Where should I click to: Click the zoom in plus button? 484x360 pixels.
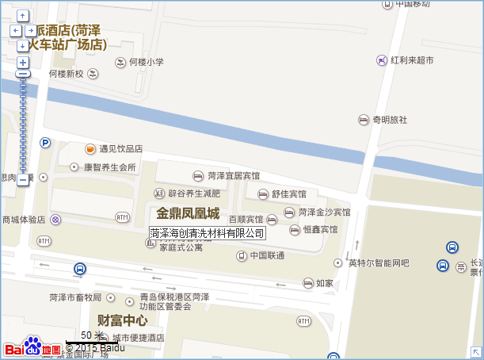click(23, 62)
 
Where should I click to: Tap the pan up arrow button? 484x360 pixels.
click(23, 16)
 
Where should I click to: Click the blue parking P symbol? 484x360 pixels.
click(45, 143)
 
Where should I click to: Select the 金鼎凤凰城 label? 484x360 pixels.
click(188, 213)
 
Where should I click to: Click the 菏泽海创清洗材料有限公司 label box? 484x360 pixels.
click(207, 233)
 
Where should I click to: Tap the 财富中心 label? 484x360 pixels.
click(122, 320)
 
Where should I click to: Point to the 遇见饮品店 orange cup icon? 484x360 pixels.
click(90, 148)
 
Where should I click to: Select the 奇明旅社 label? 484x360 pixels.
click(389, 120)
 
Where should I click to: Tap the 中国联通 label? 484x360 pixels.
click(267, 255)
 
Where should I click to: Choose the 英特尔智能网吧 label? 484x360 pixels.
click(378, 262)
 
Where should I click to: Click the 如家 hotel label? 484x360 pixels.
click(324, 283)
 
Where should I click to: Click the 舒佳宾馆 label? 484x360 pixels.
click(288, 194)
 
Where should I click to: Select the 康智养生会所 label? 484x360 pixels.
click(109, 167)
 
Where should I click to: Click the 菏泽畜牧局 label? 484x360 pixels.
click(75, 297)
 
